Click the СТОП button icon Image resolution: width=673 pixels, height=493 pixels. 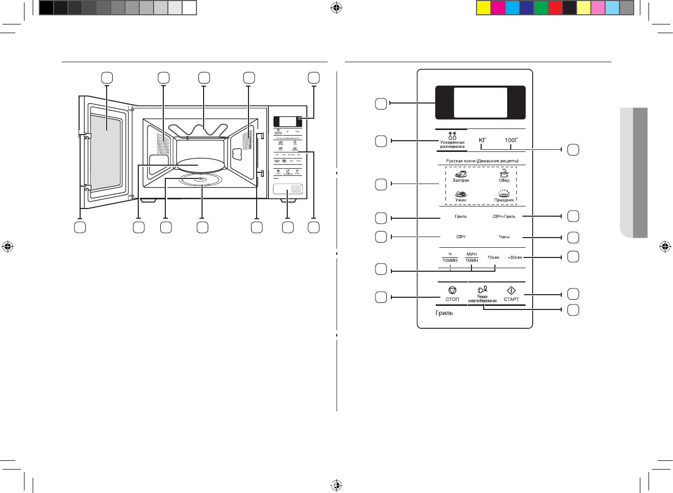point(452,291)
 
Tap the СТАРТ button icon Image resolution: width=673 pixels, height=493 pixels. point(511,291)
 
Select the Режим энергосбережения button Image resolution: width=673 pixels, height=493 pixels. point(482,294)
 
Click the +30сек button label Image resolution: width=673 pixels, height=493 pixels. point(515,257)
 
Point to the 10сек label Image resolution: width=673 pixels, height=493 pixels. point(493,257)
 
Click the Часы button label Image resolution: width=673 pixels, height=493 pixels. point(504,237)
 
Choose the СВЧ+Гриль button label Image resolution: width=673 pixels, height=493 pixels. point(504,217)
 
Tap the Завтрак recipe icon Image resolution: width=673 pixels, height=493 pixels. point(461,174)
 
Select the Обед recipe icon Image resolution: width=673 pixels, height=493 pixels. point(504,173)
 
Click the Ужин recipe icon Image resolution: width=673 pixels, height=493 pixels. point(461,194)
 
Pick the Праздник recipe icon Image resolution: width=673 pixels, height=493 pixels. point(504,193)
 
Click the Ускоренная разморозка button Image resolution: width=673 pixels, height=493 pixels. point(452,141)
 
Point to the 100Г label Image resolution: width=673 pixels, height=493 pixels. point(511,140)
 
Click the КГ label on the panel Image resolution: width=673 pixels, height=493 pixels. point(482,140)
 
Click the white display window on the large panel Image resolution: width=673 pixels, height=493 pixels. point(480,102)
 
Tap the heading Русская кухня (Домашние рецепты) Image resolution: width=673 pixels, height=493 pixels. point(482,161)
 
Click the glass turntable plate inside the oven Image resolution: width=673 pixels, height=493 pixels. point(200,164)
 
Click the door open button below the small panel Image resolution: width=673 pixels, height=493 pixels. point(287,189)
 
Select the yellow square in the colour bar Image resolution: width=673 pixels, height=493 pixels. point(483,8)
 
